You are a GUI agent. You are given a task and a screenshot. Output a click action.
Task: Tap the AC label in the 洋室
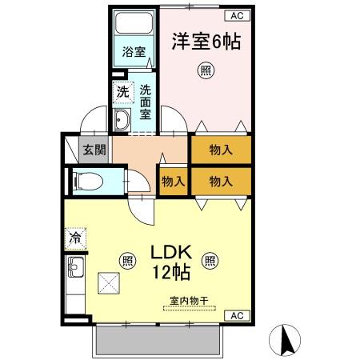coord(237,14)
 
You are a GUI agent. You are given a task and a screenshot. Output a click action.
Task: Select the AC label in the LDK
coord(237,316)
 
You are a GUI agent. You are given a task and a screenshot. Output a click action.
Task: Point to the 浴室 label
coord(134,53)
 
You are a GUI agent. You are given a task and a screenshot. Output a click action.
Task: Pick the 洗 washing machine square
coord(122,91)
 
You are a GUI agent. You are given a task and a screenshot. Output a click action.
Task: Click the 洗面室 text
coord(146,102)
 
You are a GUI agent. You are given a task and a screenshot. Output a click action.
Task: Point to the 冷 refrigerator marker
coord(74,238)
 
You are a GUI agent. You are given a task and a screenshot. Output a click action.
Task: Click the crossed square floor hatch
coord(108,284)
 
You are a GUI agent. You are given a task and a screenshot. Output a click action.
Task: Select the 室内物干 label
coord(189,302)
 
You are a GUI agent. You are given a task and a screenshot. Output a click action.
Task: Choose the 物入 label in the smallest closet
coord(174,181)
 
